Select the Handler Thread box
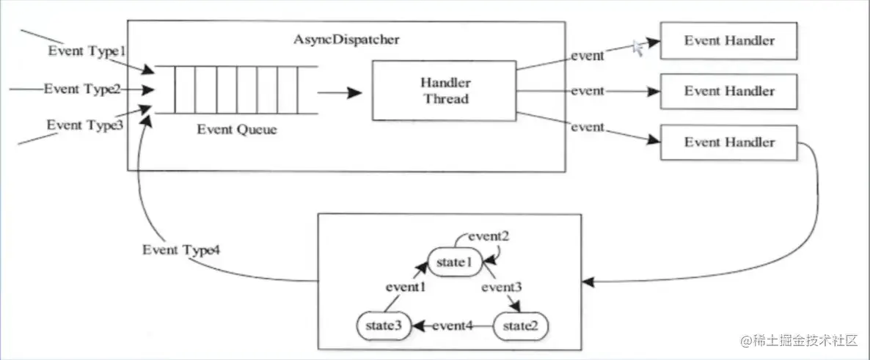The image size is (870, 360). coord(445,91)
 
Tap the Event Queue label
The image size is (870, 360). coord(236,130)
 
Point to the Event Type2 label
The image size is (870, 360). coord(82,89)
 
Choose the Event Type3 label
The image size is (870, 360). coord(83,125)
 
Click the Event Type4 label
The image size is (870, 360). coord(181,249)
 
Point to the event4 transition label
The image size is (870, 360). coord(452,325)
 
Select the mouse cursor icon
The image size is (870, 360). coord(638,48)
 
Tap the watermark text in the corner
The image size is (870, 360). coord(799,340)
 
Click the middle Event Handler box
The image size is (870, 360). coord(728,92)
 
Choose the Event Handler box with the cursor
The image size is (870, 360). coord(728,41)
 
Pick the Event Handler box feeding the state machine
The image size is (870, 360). coord(728,142)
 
